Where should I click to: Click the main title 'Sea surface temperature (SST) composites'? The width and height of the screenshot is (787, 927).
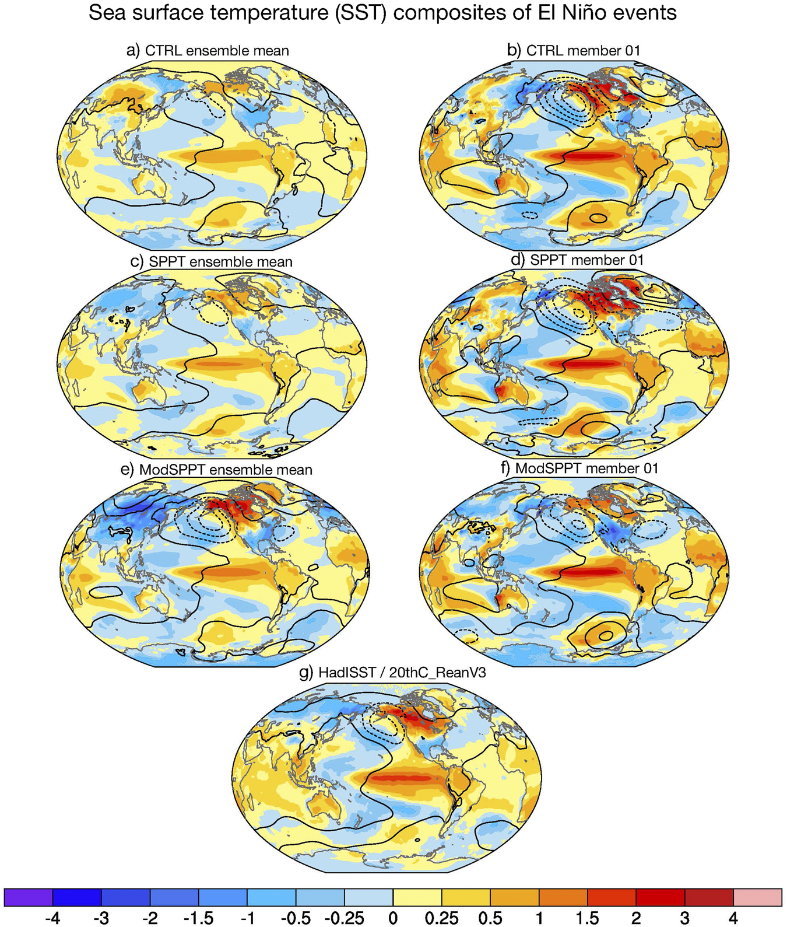382,12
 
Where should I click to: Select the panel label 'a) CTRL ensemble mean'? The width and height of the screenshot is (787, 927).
208,51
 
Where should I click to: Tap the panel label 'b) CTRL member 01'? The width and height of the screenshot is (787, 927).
574,51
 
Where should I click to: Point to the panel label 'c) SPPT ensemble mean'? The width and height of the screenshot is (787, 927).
211,261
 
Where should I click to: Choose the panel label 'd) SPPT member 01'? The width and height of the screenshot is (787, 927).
577,260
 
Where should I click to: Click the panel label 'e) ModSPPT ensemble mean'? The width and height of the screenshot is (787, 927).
216,470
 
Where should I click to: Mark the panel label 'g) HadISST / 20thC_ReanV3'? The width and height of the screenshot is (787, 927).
392,673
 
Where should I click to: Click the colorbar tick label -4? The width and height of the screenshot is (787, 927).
52,918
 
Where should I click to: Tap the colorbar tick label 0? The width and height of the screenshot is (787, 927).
393,918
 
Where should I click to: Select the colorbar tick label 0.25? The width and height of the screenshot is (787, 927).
441,918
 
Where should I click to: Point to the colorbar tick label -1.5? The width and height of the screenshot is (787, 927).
198,918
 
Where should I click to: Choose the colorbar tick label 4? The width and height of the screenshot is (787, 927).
733,918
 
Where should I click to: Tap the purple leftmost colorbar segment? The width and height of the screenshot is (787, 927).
29,897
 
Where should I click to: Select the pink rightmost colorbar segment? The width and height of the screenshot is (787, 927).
757,897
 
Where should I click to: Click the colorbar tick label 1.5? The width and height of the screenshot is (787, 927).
588,918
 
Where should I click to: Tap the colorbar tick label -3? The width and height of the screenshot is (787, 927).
101,918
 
